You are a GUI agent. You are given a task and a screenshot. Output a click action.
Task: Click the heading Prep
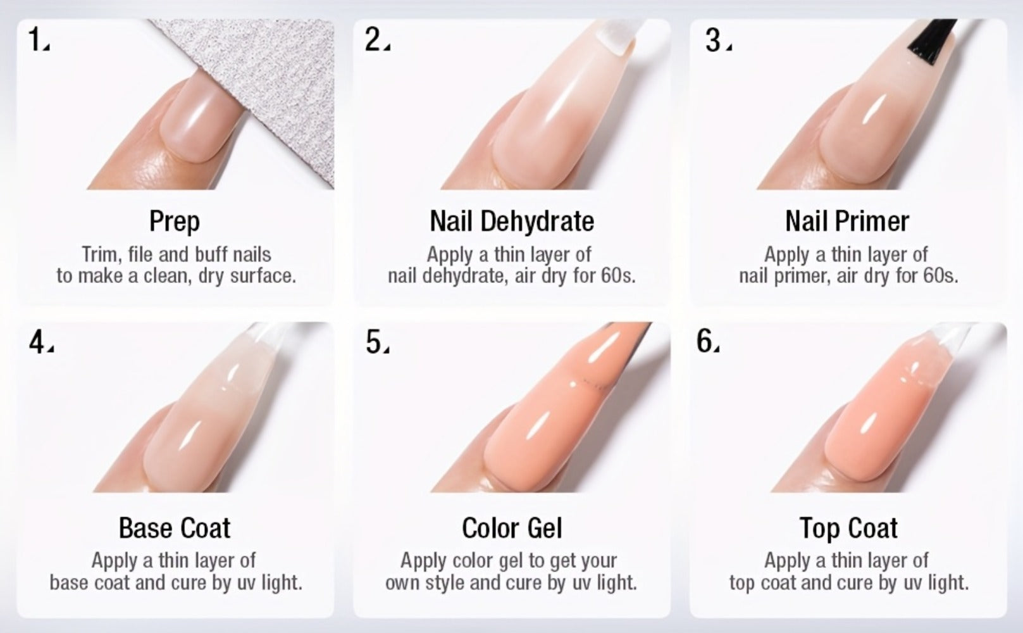(x=175, y=222)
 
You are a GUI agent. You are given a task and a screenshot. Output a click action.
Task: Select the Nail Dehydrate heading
(x=512, y=221)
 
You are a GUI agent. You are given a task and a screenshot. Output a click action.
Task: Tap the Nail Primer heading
(x=847, y=221)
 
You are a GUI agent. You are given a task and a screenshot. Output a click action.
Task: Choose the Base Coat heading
(x=175, y=529)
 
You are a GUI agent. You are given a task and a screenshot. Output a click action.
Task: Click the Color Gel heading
(x=512, y=529)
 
